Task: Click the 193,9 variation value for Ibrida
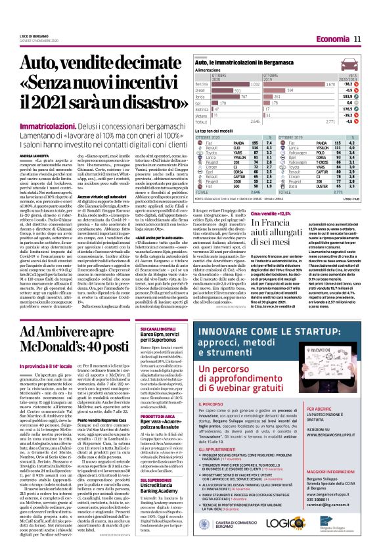coord(360,97)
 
